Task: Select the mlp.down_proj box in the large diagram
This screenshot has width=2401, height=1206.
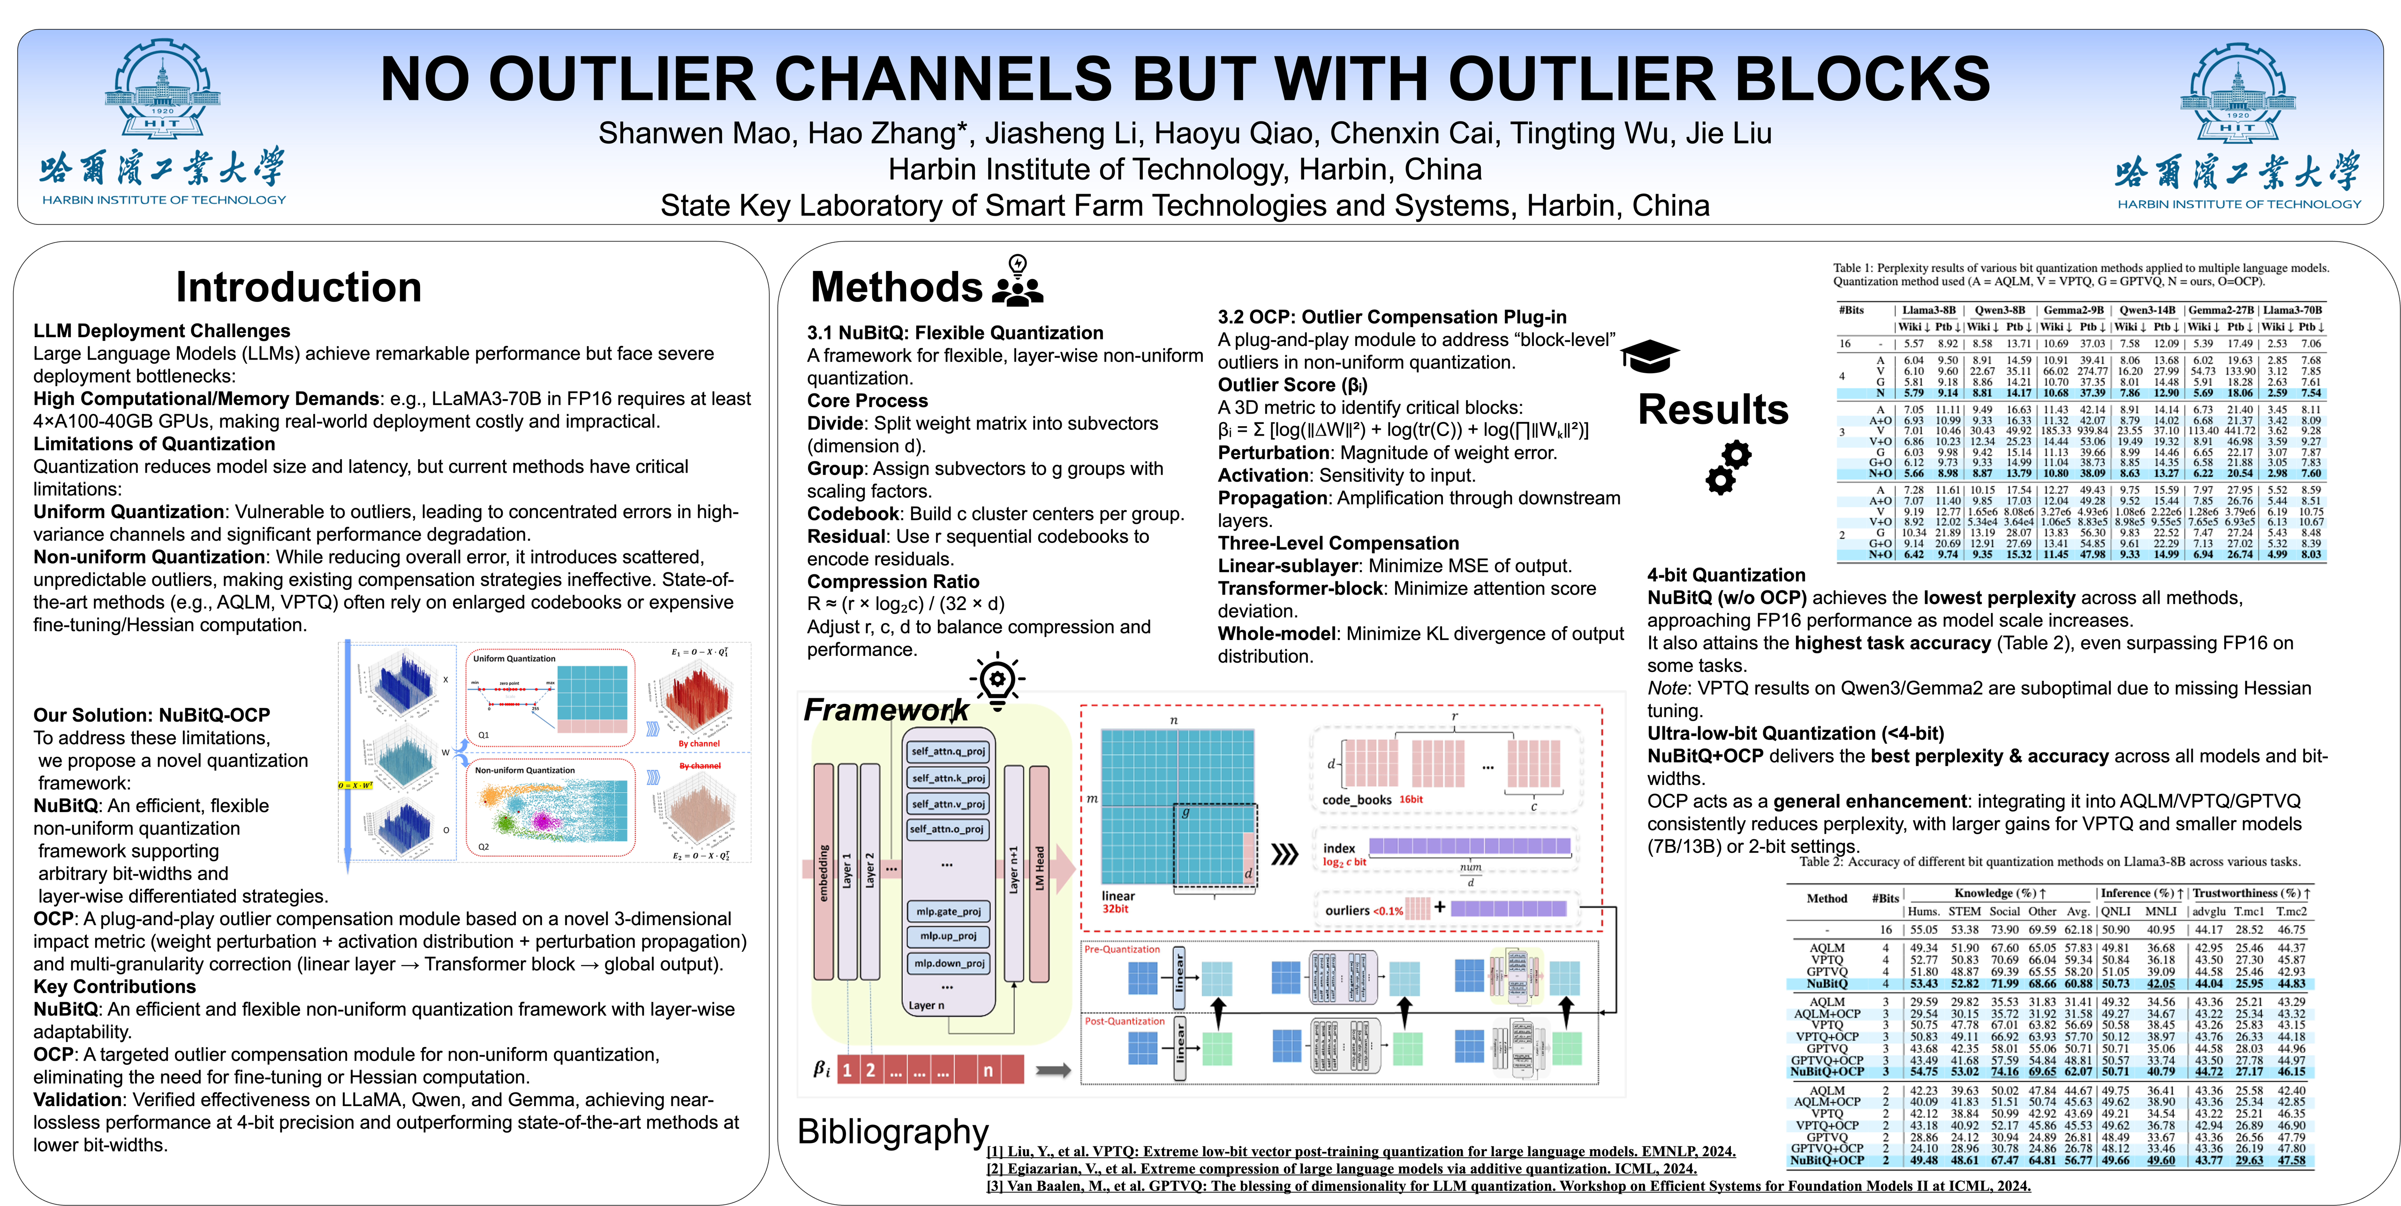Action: tap(948, 963)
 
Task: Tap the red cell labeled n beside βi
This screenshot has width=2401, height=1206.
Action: tap(988, 1070)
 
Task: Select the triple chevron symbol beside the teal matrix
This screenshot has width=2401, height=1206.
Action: tap(1284, 854)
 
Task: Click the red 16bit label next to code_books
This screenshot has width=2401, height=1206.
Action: tap(1411, 799)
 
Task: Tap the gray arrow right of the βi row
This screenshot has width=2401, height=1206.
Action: tap(1053, 1070)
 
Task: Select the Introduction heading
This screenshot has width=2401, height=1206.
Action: tap(298, 287)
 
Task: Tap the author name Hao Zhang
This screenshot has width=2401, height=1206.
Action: tap(882, 133)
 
